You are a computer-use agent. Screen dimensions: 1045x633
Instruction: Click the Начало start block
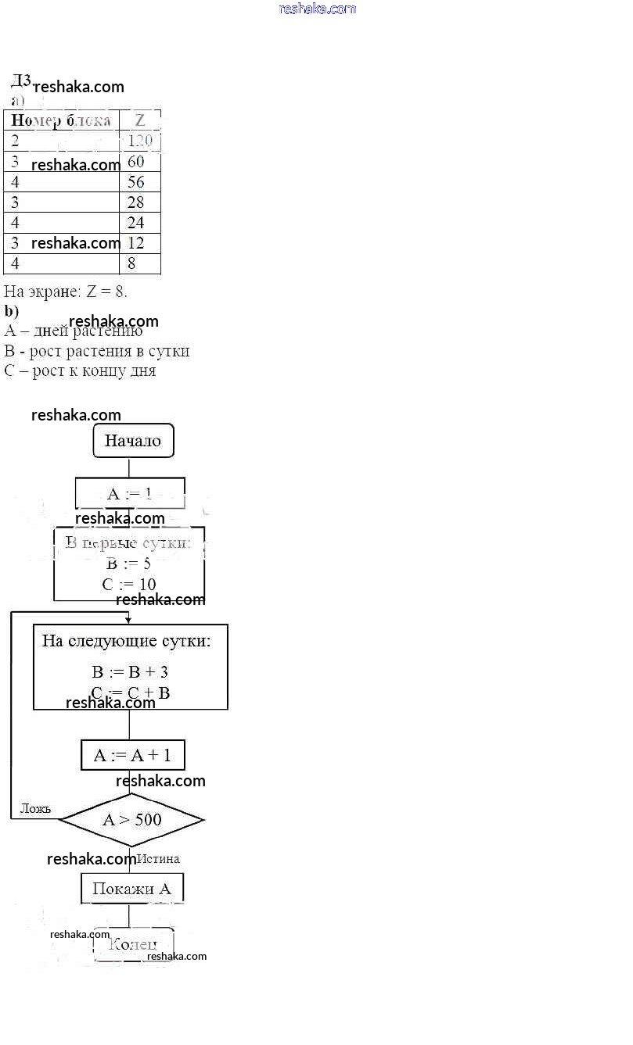(133, 441)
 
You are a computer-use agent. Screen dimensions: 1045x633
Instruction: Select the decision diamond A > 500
(131, 819)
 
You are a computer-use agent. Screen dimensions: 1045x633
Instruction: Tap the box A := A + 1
(132, 755)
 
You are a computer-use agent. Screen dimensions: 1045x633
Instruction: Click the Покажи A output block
(131, 888)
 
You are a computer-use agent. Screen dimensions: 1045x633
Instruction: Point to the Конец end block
(133, 944)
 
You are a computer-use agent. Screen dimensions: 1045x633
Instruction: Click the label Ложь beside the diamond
(35, 808)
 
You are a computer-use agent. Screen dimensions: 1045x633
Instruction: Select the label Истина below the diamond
(158, 859)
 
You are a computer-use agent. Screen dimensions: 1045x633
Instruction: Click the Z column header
(139, 120)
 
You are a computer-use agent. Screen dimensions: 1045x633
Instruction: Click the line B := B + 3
(130, 672)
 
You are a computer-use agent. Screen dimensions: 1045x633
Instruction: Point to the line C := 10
(129, 584)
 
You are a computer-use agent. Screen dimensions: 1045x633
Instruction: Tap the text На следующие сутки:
(126, 642)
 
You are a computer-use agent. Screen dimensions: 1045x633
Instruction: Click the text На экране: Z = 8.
(66, 292)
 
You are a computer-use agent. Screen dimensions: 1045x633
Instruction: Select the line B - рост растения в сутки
(96, 351)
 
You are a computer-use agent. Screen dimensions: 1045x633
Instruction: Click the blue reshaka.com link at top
(317, 9)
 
